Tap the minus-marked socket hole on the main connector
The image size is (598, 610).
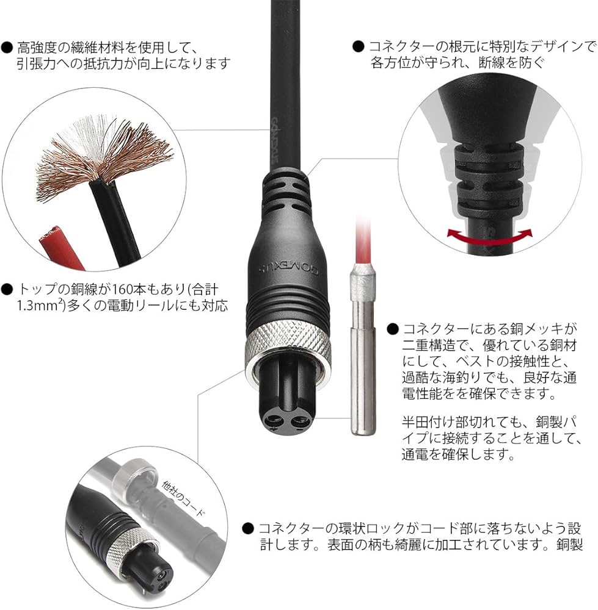(x=299, y=423)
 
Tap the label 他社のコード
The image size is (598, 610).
(x=183, y=498)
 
